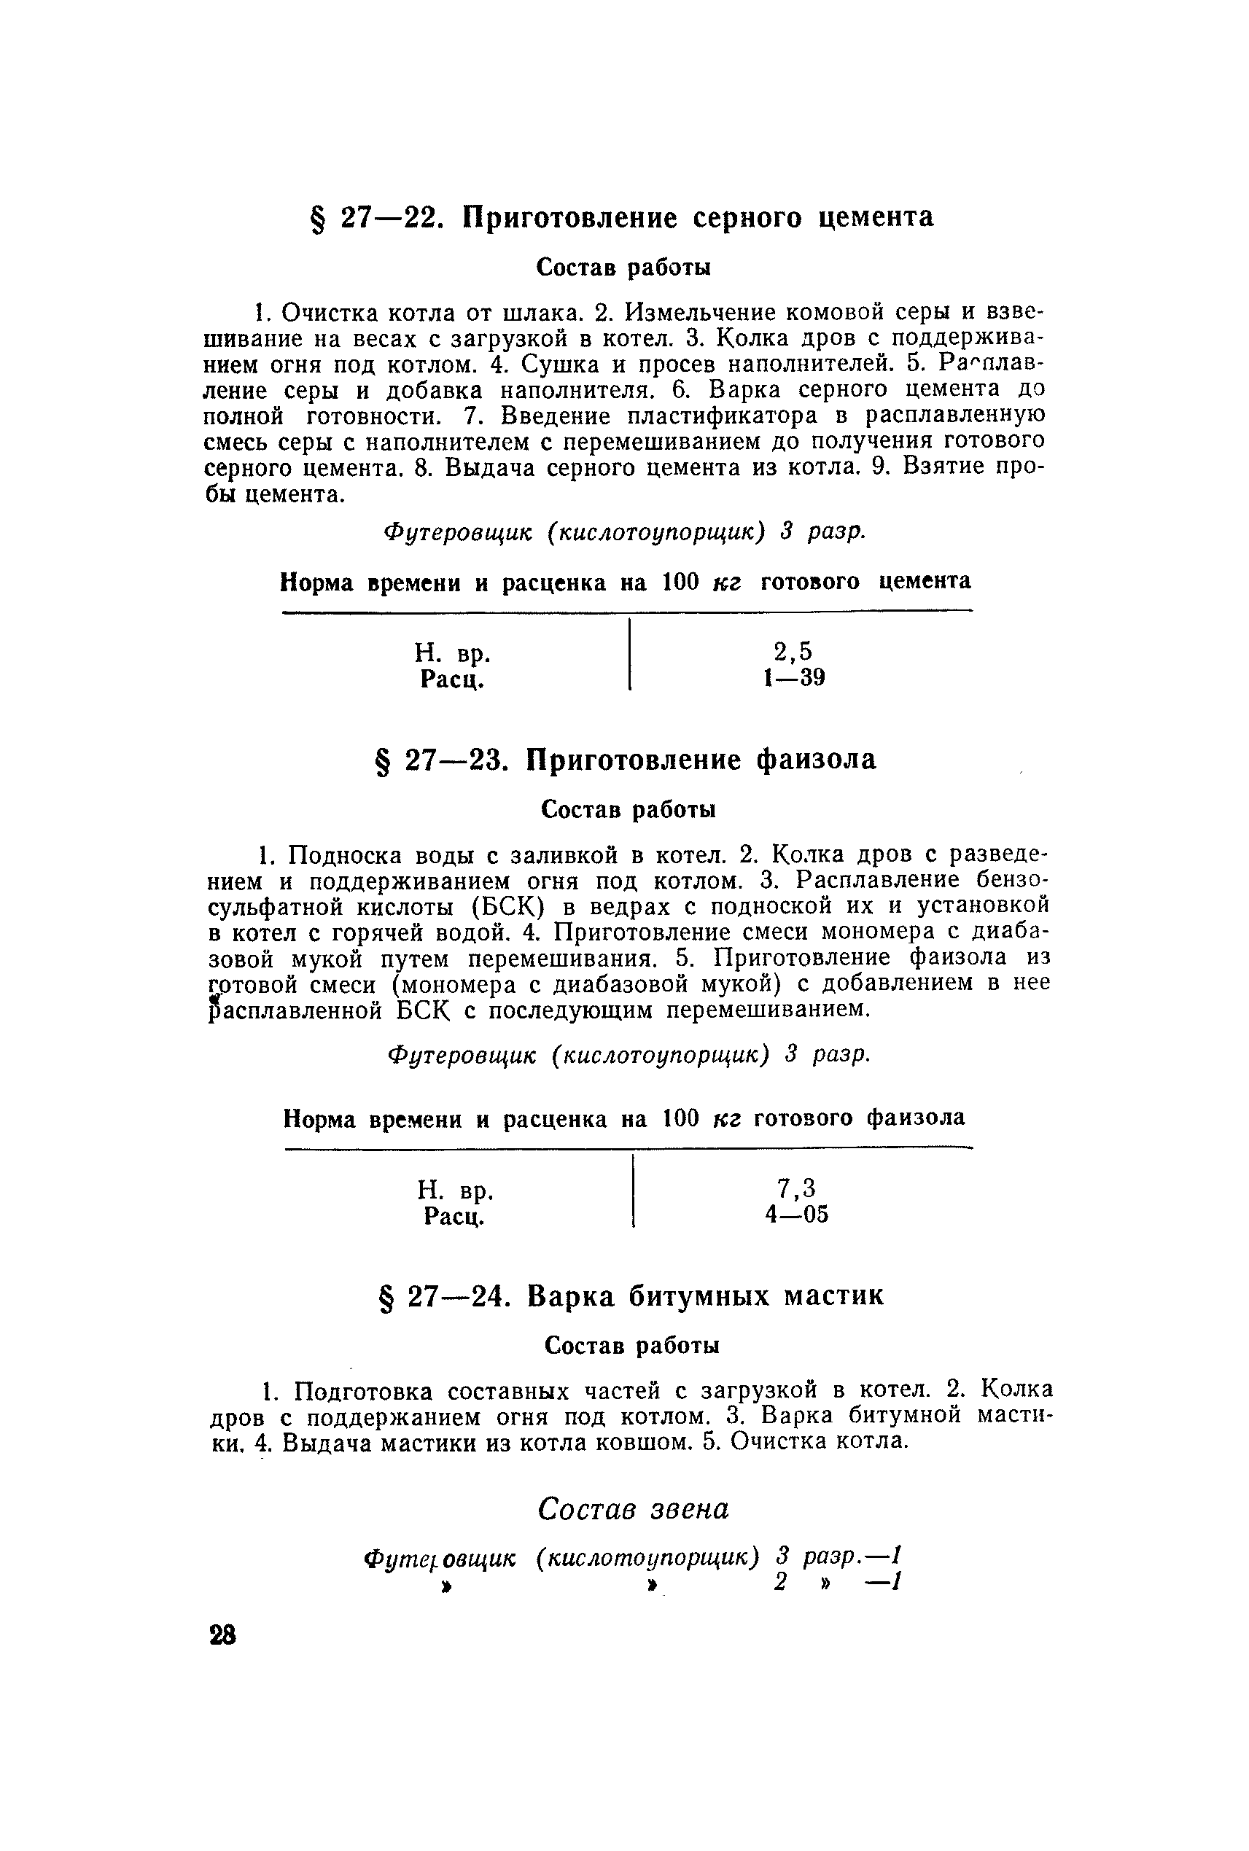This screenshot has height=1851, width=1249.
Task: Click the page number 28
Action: point(222,1636)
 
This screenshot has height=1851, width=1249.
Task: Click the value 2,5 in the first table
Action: point(793,652)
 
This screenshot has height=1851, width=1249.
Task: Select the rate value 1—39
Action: point(793,678)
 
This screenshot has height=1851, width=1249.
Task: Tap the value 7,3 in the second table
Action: point(795,1188)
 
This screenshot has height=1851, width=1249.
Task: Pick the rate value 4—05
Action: point(795,1215)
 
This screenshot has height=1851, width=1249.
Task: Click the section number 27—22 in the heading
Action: point(391,217)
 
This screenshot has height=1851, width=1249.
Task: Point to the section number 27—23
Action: point(456,760)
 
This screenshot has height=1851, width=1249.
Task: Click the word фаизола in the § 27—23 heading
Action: point(816,760)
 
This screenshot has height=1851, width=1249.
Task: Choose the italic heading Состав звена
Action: point(634,1509)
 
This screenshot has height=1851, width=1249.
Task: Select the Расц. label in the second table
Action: point(454,1217)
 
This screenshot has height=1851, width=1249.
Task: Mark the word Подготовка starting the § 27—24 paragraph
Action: point(364,1392)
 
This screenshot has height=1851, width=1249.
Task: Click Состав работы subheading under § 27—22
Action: point(623,268)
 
